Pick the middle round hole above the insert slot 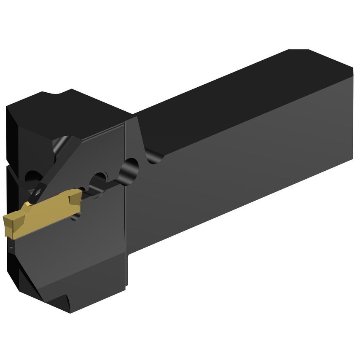100,179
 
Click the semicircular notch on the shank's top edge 155,157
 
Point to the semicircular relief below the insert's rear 77,215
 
